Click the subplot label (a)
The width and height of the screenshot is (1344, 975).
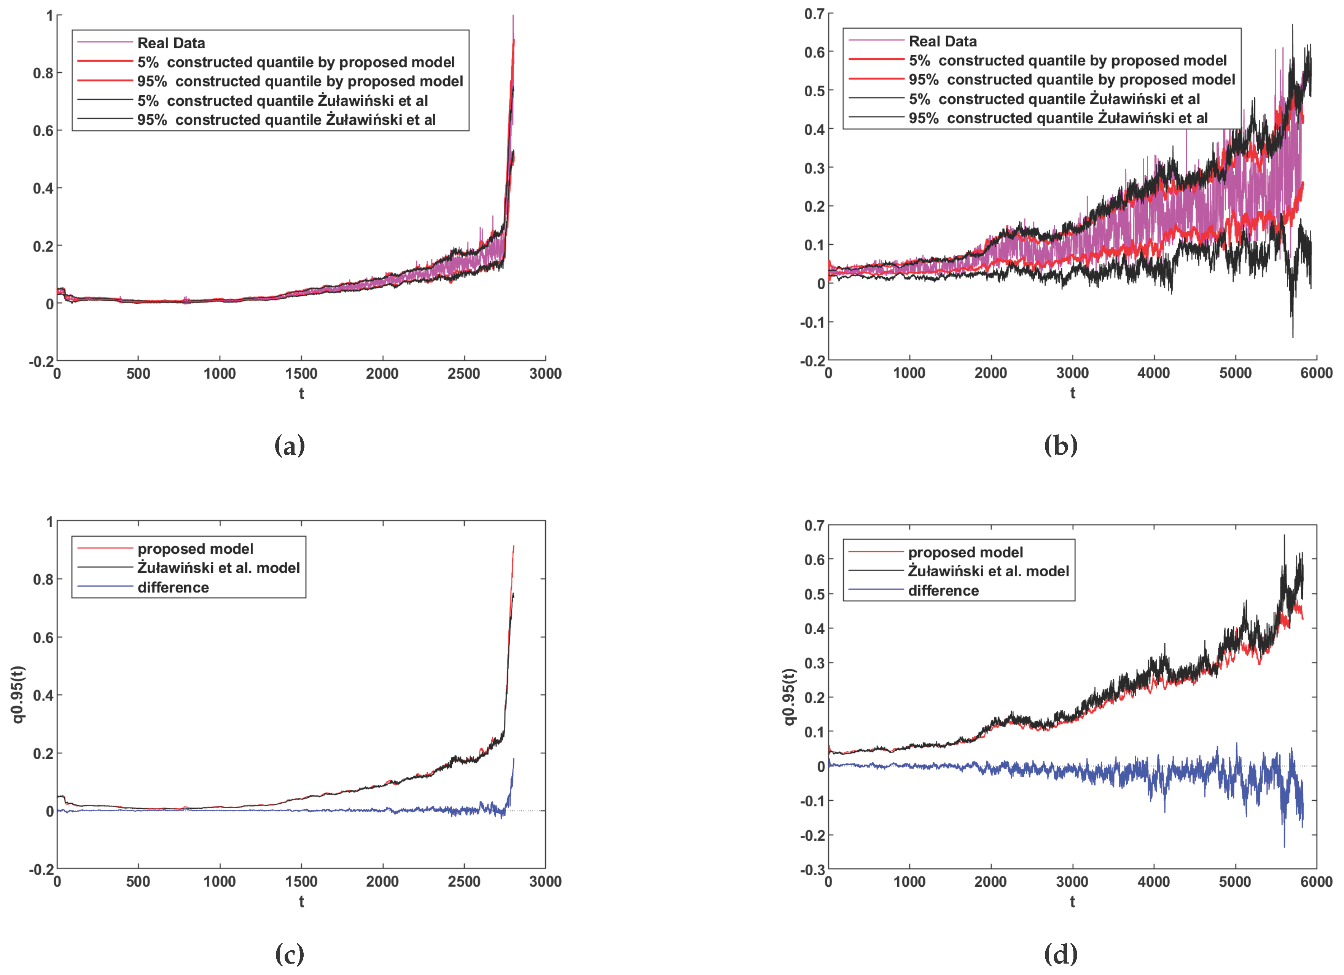289,446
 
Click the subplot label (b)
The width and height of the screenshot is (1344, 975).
1060,446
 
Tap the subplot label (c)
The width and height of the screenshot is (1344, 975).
289,954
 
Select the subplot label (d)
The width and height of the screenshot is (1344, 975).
1060,954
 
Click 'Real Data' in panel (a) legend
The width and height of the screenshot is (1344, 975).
171,43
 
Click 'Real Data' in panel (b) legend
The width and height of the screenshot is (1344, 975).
942,41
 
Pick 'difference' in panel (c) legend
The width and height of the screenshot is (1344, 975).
173,587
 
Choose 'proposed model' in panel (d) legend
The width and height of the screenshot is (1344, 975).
965,553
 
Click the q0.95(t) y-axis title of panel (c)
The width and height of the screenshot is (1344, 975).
18,694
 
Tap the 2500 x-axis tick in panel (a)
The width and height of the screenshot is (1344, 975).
463,373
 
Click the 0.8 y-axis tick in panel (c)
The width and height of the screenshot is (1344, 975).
43,579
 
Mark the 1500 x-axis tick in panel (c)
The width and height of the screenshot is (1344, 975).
301,881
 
